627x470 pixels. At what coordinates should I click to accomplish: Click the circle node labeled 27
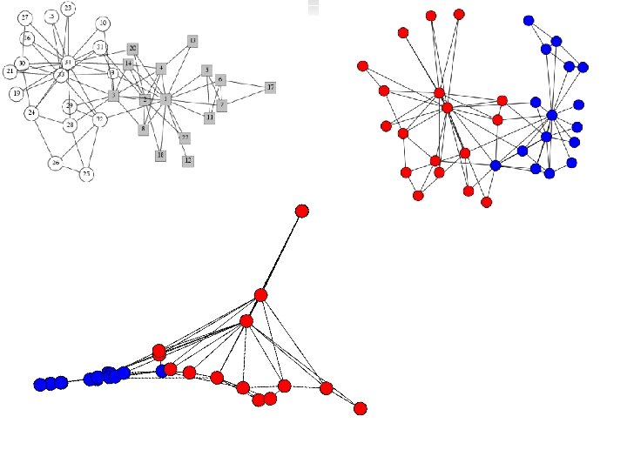click(x=25, y=17)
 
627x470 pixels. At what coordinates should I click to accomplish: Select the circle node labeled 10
click(x=103, y=23)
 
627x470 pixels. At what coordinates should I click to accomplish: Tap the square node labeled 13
click(x=192, y=40)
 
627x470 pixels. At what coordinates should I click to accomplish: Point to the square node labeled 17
click(x=271, y=88)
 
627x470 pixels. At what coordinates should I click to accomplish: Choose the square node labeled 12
click(x=188, y=160)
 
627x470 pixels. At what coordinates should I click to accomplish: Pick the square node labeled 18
click(x=160, y=155)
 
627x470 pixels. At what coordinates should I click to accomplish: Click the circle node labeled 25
click(x=86, y=174)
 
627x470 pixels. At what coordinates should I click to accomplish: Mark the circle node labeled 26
click(x=55, y=163)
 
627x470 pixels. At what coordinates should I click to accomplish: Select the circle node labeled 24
click(x=31, y=113)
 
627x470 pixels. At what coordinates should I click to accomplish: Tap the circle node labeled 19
click(x=16, y=93)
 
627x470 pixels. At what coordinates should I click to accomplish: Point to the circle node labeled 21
click(x=10, y=70)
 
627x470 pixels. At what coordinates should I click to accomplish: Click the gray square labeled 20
click(x=132, y=49)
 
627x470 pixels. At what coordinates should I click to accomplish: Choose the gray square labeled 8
click(x=143, y=129)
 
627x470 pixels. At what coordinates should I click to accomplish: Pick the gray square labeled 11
click(x=209, y=117)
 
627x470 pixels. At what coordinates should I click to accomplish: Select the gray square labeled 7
click(x=222, y=104)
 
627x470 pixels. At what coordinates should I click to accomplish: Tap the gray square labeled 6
click(x=220, y=79)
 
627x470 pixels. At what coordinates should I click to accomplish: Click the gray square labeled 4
click(x=161, y=68)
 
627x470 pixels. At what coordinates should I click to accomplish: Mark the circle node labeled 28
click(x=71, y=125)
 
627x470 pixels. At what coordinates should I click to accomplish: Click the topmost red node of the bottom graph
click(x=302, y=211)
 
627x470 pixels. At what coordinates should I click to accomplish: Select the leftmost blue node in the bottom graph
click(x=39, y=384)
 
